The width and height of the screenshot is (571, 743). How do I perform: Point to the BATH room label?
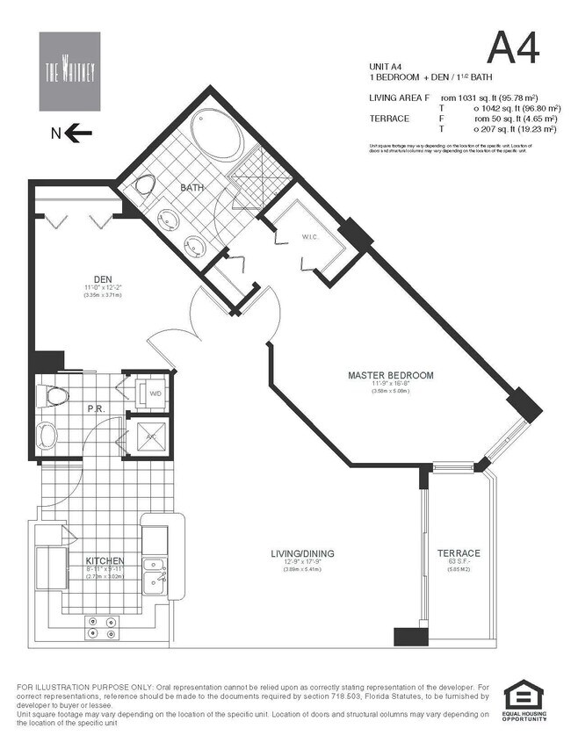pos(192,188)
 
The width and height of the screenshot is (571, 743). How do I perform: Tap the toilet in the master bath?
pos(144,186)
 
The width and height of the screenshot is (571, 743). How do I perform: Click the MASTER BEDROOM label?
pos(390,375)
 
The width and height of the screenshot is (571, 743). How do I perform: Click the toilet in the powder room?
pos(55,396)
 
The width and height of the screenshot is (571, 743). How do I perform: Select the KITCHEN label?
pos(104,560)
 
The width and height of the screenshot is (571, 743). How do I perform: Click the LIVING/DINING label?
pos(302,553)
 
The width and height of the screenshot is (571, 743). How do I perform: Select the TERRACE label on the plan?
pos(459,552)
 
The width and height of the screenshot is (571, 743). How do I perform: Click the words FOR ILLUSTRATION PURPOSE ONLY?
pos(83,685)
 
